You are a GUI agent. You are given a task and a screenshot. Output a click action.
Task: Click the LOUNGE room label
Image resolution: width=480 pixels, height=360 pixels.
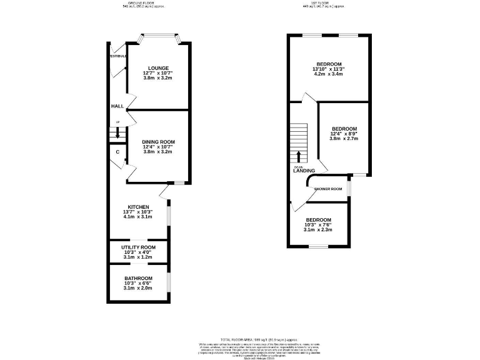tap(158, 67)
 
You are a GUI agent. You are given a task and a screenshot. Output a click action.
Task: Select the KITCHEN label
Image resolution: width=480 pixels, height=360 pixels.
tap(138, 207)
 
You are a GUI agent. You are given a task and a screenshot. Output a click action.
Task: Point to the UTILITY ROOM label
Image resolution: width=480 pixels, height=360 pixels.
tap(138, 247)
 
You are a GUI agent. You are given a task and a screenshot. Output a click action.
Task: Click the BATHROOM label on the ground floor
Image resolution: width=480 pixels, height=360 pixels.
tap(138, 278)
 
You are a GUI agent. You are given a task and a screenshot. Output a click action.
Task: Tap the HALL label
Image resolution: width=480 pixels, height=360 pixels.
tap(117, 107)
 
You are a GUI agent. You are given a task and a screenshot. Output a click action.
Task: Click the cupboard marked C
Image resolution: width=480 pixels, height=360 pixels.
tap(117, 152)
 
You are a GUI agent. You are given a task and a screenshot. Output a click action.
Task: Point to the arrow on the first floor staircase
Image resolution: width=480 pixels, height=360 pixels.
tap(299, 156)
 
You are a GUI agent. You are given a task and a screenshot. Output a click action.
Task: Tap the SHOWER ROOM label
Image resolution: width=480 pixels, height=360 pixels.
tap(328, 188)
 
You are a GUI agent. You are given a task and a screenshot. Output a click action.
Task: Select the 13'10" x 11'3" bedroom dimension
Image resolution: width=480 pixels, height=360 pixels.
tap(328, 69)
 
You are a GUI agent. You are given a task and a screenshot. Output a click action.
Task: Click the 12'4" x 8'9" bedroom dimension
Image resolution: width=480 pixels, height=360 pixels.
tap(344, 134)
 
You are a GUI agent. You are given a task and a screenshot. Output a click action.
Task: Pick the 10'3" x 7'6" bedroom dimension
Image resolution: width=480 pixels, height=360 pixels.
tap(318, 225)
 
